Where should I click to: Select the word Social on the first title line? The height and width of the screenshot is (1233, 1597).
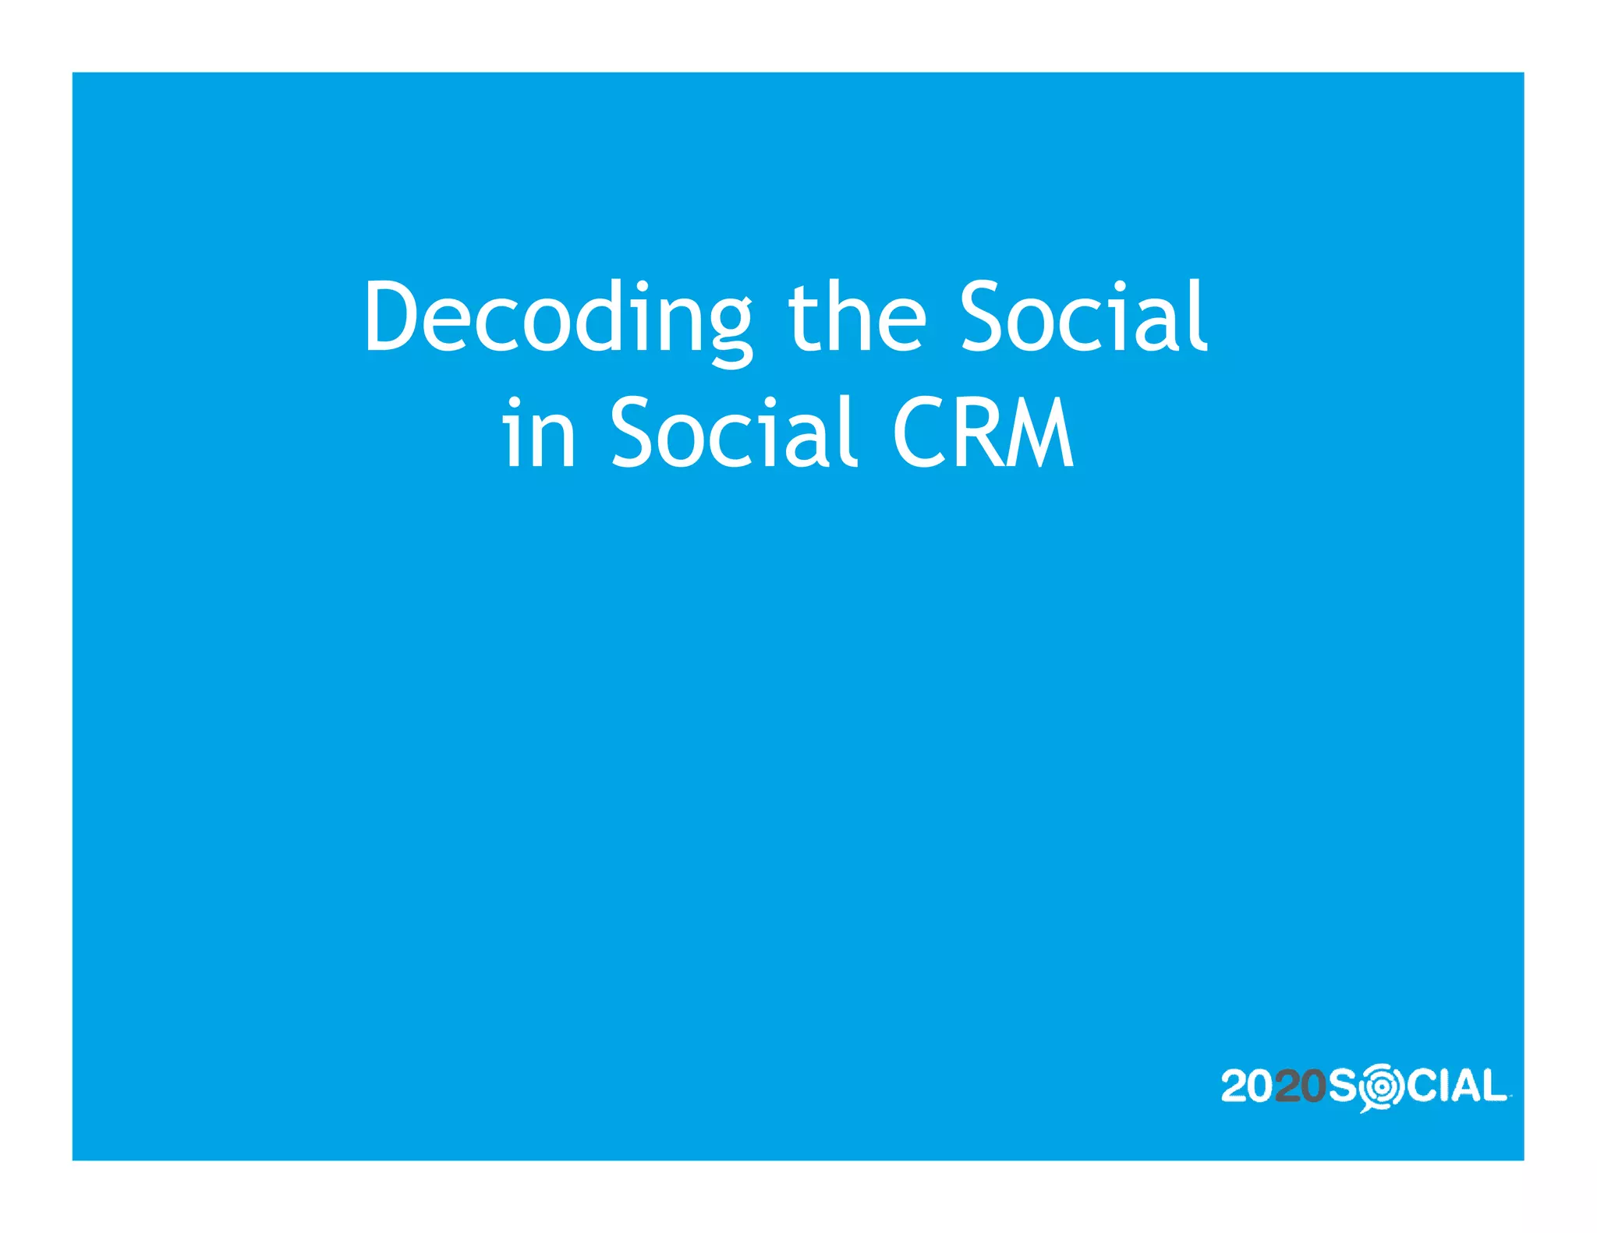click(1083, 316)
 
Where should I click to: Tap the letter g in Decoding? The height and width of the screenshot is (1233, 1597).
click(723, 327)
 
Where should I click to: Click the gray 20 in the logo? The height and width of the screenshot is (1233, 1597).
click(1300, 1086)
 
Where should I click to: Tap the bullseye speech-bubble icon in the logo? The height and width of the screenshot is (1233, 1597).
click(1381, 1086)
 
